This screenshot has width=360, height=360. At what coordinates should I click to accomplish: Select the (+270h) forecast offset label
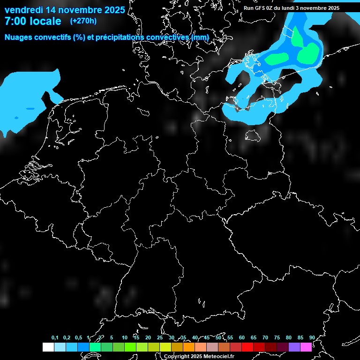(83, 21)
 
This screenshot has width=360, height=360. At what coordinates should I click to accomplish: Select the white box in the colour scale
(48, 347)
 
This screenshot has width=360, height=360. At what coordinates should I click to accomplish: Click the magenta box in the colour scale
(306, 347)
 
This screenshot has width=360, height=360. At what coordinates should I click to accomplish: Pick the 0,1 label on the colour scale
(55, 338)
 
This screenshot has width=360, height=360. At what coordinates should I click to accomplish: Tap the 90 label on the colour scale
(312, 338)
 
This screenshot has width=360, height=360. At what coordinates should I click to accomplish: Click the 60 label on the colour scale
(242, 338)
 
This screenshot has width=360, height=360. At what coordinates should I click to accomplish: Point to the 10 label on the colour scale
(124, 338)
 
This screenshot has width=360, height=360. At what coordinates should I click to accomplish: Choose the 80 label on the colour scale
(289, 338)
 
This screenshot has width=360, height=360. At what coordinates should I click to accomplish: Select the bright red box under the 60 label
(247, 347)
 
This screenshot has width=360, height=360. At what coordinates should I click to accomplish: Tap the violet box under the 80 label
(294, 347)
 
